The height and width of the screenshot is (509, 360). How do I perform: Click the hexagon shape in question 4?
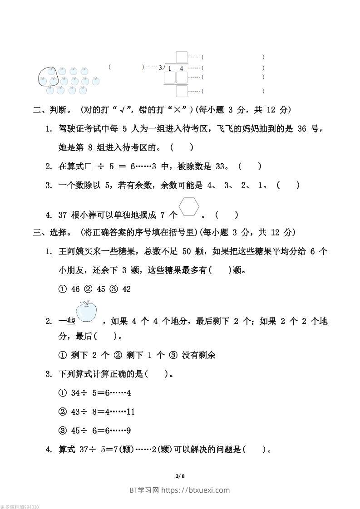click(x=189, y=207)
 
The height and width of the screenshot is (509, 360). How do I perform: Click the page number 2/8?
click(x=180, y=476)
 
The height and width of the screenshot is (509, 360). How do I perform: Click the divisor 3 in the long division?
click(x=160, y=68)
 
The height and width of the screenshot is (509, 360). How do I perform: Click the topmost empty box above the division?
click(x=182, y=57)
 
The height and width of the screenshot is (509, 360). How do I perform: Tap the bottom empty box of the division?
click(x=182, y=91)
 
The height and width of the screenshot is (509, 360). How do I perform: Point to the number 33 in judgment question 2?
click(x=221, y=166)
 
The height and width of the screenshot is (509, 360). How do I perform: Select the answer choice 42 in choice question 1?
click(x=126, y=289)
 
